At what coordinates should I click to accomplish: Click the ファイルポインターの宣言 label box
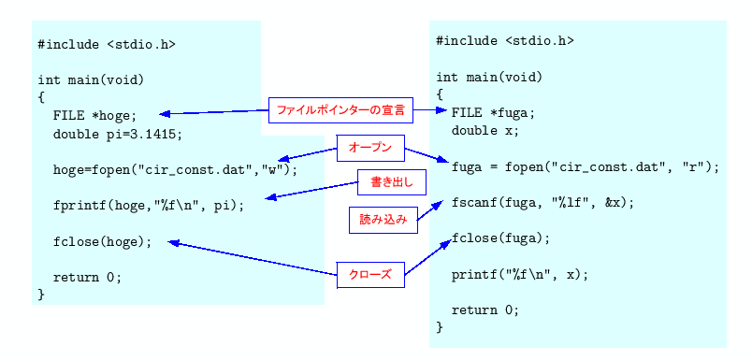340,110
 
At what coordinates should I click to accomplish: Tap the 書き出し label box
385,180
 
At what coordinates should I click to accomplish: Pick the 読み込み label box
383,220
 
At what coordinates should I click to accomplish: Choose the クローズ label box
370,275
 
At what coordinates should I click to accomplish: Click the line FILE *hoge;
94,116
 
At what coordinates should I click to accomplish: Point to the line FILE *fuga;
493,112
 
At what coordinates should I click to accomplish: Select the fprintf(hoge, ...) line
148,206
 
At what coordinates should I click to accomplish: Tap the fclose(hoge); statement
102,241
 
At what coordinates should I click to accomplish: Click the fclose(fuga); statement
500,238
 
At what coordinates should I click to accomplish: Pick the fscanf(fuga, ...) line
542,202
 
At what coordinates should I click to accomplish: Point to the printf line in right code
520,274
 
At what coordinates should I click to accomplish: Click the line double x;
484,131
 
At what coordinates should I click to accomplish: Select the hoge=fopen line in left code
175,170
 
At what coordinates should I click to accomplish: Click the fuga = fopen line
585,166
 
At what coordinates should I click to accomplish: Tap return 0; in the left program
87,277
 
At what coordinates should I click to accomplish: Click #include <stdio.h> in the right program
504,41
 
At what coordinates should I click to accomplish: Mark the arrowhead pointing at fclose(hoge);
173,243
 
